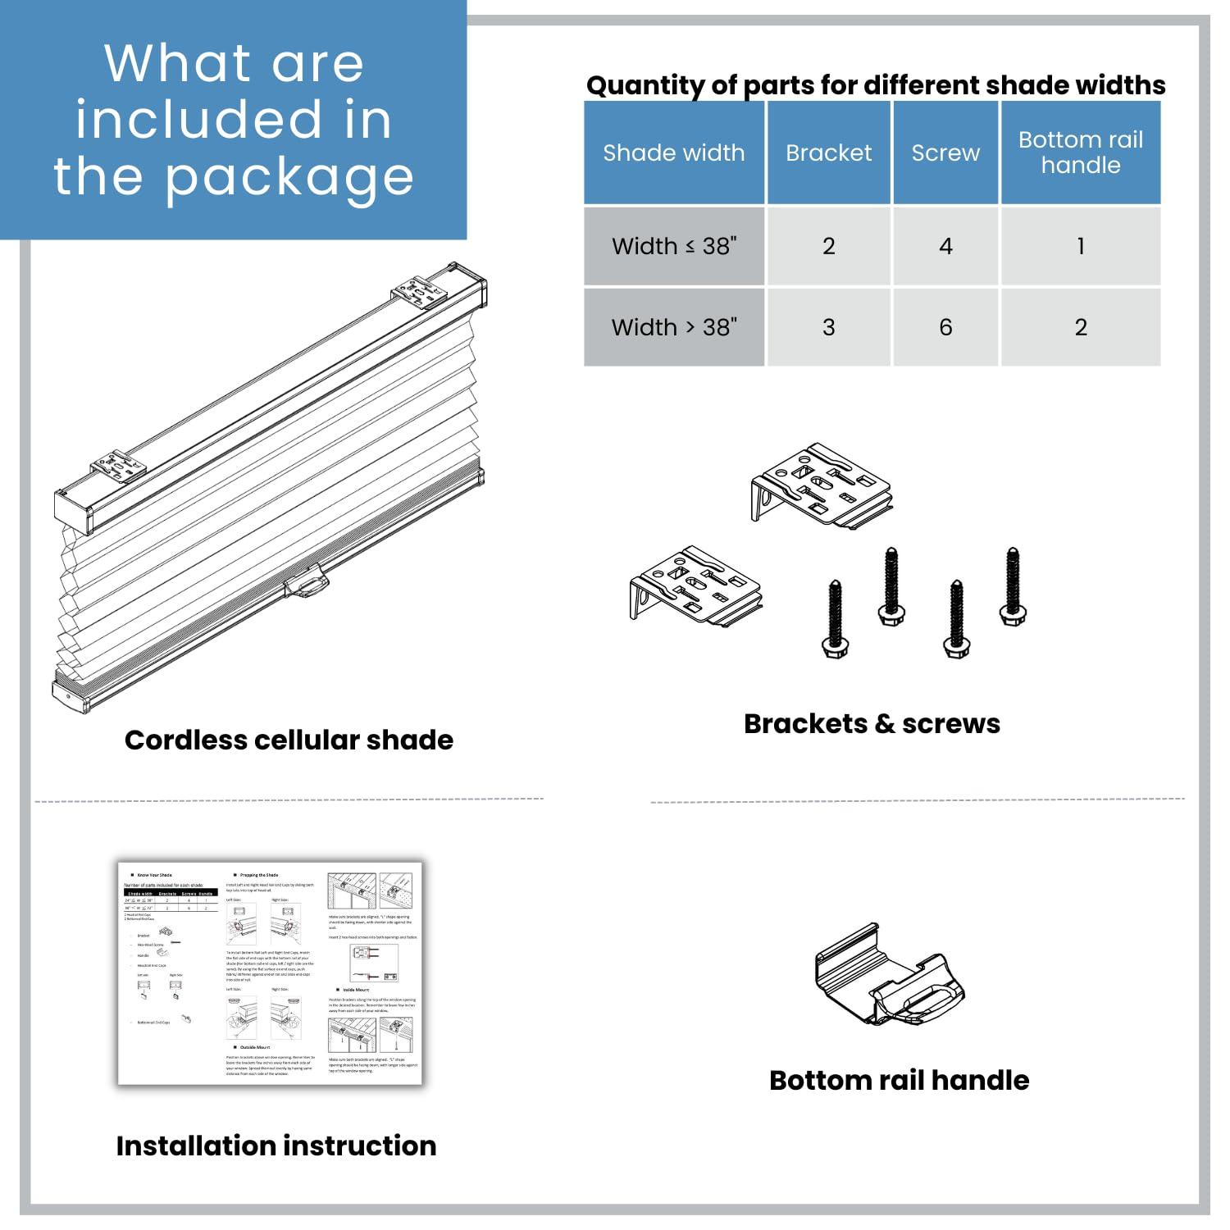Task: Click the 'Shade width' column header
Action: coord(673,153)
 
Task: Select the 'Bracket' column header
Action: coord(828,153)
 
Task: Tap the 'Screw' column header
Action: coord(945,153)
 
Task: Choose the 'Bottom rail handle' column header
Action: coord(1080,153)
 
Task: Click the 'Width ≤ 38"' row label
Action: coord(673,246)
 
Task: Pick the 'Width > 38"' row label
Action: coord(673,327)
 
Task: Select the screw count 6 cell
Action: coord(945,327)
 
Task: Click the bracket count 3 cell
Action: coord(828,327)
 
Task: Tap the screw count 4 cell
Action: coord(945,246)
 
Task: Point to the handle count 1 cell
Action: coord(1080,246)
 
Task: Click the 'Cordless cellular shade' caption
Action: coord(289,740)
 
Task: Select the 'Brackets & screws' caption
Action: coord(872,723)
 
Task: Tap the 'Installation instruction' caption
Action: coord(276,1146)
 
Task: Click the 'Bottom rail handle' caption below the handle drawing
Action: coord(899,1080)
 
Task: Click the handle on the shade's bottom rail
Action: coord(307,585)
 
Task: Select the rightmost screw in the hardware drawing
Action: coord(1013,586)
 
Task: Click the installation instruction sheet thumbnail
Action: coord(270,973)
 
